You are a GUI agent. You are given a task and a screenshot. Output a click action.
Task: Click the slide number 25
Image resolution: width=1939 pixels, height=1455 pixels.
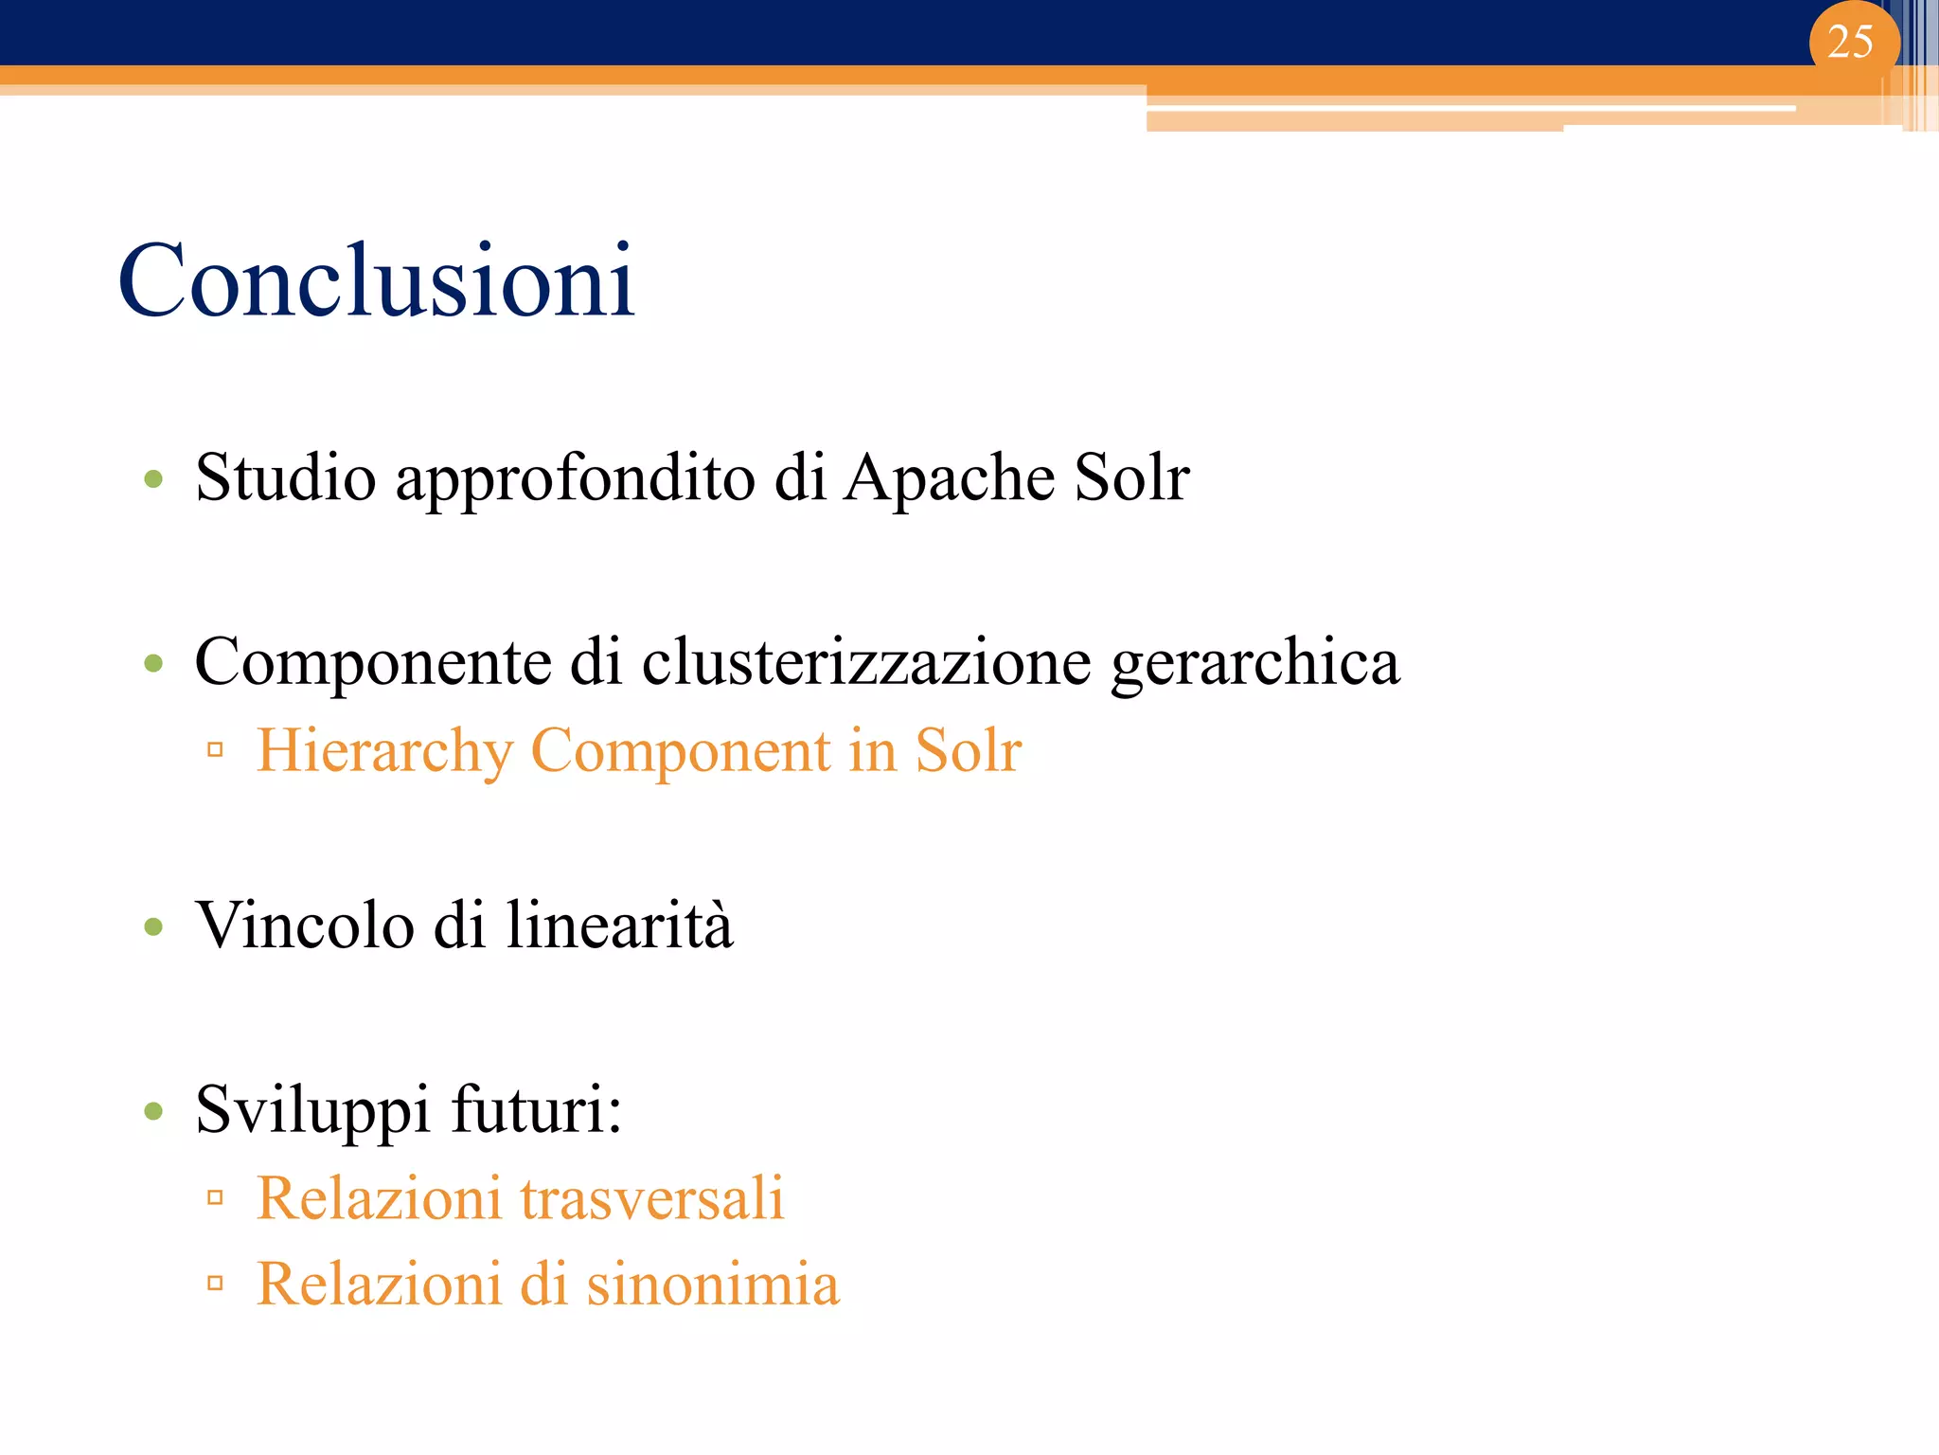tap(1850, 43)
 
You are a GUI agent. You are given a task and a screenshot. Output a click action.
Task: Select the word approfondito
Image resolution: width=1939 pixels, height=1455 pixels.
tap(575, 478)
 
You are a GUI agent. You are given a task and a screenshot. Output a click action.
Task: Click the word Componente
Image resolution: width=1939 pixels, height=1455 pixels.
tap(372, 663)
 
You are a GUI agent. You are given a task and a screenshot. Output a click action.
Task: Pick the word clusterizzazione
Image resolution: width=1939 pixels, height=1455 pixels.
tap(866, 661)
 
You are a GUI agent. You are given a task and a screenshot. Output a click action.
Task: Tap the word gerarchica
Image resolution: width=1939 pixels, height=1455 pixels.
tap(1254, 663)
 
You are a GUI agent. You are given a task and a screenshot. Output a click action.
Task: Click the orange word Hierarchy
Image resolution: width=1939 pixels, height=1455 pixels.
tap(384, 751)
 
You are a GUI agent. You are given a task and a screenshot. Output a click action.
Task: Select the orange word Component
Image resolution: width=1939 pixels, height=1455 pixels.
tap(681, 751)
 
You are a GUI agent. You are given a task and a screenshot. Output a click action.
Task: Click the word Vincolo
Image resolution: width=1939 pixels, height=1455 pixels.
tap(304, 925)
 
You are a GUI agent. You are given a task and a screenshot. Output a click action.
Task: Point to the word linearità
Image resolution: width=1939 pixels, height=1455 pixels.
tap(619, 925)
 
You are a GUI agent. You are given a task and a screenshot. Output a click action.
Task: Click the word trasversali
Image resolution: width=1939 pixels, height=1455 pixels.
tap(651, 1198)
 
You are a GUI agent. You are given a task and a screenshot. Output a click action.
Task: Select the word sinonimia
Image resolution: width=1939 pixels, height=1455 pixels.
tap(712, 1284)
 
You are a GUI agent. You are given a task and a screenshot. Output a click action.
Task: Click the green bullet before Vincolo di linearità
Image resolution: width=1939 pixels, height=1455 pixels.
tap(153, 926)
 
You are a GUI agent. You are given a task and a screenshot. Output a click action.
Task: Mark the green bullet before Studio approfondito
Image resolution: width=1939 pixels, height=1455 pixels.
tap(153, 479)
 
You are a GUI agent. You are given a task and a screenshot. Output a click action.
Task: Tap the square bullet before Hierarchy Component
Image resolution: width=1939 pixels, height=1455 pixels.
tap(215, 751)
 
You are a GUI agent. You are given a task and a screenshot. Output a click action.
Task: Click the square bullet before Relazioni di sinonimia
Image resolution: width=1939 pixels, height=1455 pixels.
tap(215, 1284)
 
